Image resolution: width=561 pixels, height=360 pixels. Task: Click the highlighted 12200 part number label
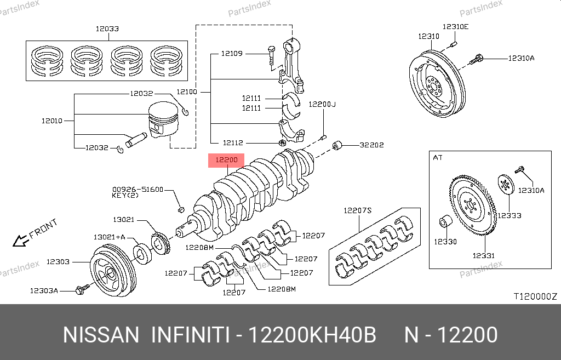226,161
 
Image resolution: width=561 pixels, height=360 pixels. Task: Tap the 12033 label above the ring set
107,28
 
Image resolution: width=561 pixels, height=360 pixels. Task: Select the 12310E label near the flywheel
456,26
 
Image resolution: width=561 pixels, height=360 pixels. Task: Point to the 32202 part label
371,145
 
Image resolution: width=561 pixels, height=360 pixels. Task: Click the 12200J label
322,104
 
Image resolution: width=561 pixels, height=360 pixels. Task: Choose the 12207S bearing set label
358,210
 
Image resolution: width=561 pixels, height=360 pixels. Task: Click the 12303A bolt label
44,290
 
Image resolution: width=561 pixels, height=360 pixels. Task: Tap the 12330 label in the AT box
445,241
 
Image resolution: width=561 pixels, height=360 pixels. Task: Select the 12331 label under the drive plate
484,255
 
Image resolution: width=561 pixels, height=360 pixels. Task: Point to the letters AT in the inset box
438,158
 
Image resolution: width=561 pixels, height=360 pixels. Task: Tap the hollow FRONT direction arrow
20,239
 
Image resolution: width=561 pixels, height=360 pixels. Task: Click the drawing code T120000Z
535,296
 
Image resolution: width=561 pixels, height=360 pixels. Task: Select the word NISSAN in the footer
101,335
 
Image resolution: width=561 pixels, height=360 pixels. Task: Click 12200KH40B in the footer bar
312,335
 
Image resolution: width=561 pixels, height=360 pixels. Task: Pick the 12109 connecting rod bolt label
232,54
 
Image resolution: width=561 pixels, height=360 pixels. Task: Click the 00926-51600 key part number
138,189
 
